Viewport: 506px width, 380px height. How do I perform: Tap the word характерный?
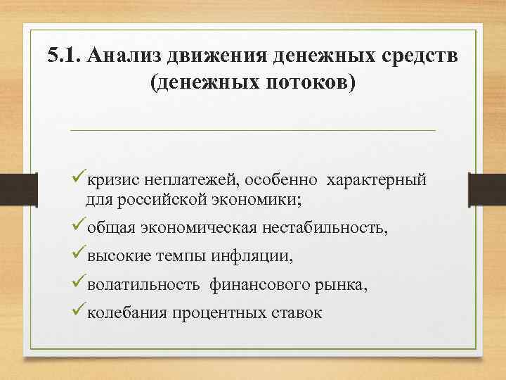375,180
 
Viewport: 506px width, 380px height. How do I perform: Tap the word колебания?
126,312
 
